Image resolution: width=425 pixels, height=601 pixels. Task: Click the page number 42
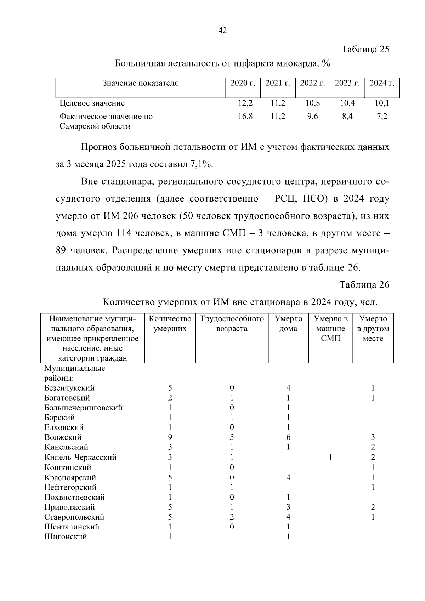pos(222,30)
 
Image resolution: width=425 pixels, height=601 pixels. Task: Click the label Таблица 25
pos(365,49)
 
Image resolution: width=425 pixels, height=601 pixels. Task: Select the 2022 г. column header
pos(312,83)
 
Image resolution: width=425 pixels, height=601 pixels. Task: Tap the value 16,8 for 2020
pos(245,116)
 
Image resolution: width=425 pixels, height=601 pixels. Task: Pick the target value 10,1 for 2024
pos(381,103)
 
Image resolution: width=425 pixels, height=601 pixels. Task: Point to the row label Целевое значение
pos(92,103)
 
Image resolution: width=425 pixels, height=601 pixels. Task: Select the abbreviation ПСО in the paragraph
pos(313,199)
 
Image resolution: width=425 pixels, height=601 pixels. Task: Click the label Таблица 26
pos(364,285)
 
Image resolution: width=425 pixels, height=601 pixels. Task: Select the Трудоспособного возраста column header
pos(232,324)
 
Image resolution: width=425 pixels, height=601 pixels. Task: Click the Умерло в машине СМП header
pos(330,328)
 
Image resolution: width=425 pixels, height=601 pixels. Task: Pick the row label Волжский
pos(63,437)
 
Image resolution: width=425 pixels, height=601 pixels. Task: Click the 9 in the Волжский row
pos(170,437)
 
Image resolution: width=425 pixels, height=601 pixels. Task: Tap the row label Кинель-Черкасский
pos(80,457)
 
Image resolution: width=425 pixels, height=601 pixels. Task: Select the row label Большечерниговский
pos(84,408)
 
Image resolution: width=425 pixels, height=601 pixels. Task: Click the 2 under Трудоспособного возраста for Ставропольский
pos(232,517)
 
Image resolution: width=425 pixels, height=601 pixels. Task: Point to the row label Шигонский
pos(66,537)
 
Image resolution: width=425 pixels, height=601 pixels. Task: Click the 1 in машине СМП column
pos(330,457)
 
